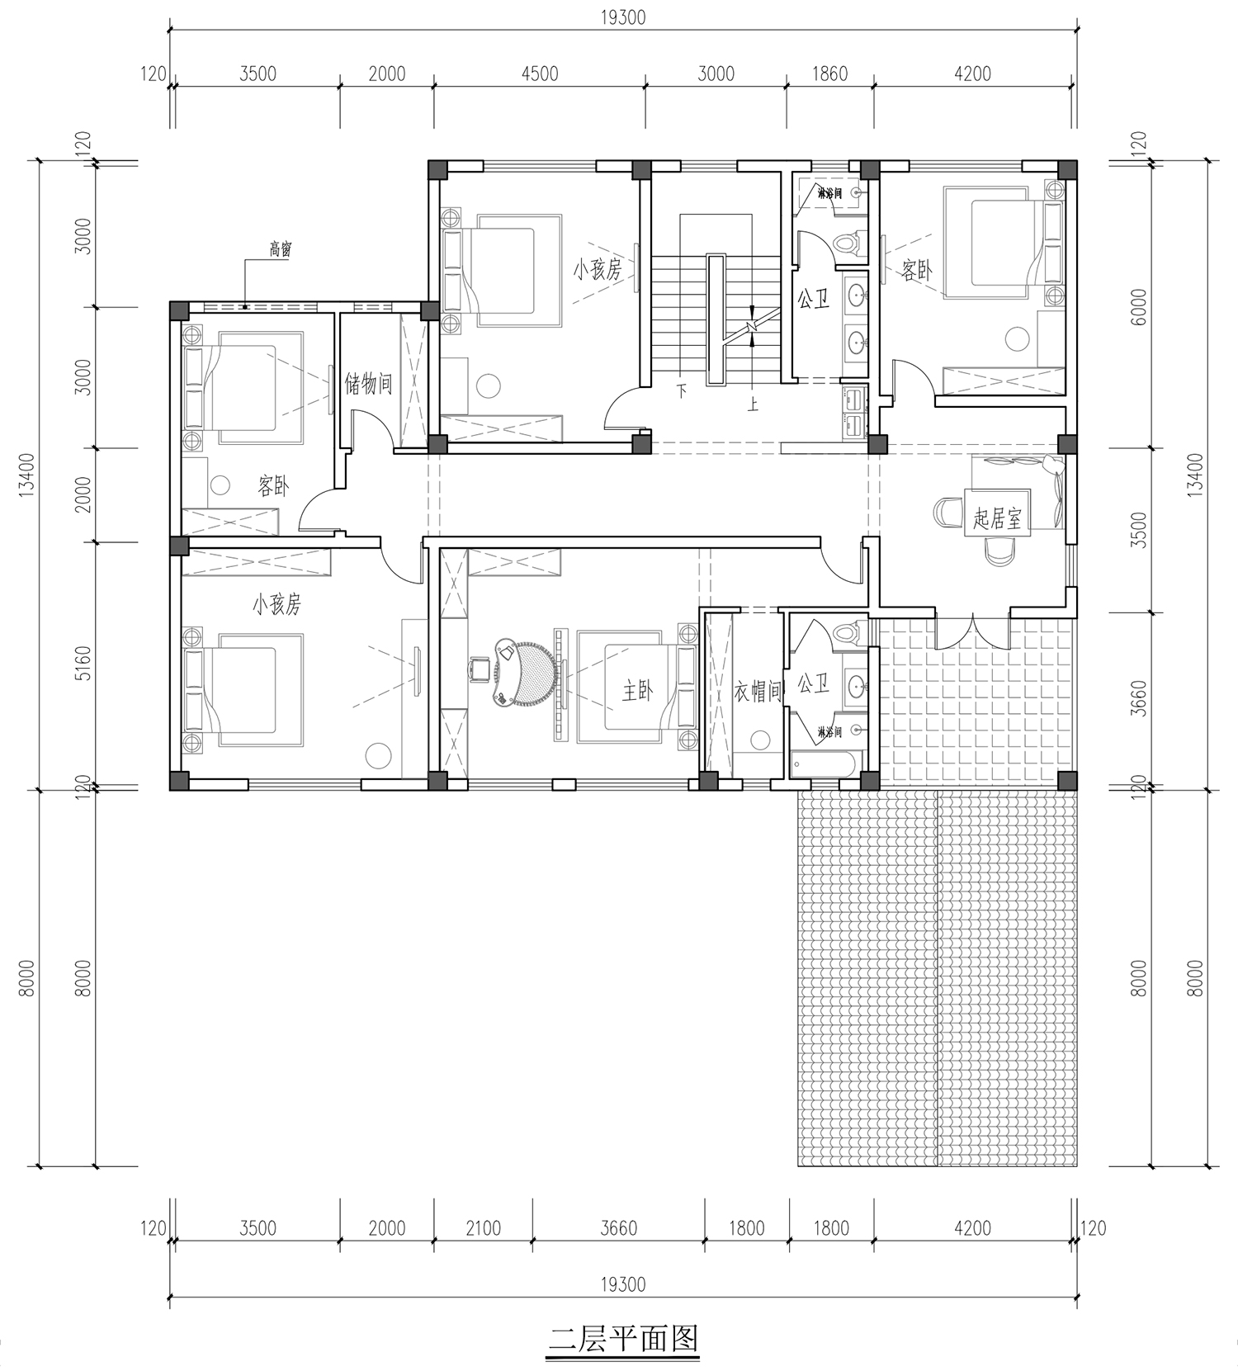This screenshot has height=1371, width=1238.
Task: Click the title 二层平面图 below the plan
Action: tap(623, 1338)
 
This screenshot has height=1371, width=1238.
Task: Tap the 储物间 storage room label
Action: tap(368, 383)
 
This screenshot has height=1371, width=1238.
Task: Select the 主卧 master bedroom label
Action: tap(637, 691)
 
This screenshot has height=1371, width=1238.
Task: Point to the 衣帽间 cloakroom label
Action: tap(758, 692)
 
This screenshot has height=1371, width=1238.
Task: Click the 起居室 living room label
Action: tap(997, 518)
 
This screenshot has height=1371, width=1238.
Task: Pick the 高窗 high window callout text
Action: tap(281, 248)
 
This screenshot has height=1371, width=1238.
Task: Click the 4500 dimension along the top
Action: tap(540, 73)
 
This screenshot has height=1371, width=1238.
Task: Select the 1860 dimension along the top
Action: tap(829, 73)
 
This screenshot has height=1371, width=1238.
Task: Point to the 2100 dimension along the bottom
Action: tap(483, 1228)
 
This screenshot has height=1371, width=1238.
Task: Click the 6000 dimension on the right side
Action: tap(1139, 307)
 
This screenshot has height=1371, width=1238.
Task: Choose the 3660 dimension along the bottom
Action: tap(618, 1228)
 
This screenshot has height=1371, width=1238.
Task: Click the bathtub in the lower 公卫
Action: tap(826, 764)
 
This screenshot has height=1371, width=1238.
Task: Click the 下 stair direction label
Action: tap(682, 390)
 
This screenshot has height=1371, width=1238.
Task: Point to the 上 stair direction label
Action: tap(753, 404)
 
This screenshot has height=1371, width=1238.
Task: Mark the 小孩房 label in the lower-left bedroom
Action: tap(276, 604)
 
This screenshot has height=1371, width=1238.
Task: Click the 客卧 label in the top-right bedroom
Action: tap(917, 270)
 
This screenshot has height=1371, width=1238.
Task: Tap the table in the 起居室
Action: tap(997, 513)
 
